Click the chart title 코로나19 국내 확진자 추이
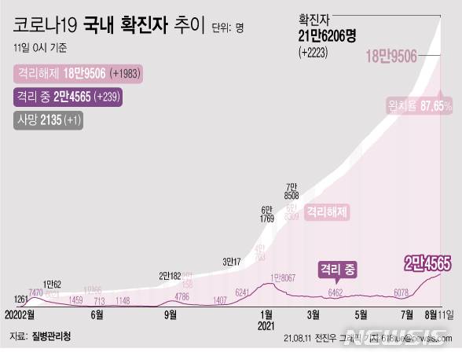[110, 28]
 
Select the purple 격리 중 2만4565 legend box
[70, 97]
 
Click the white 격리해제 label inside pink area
[326, 211]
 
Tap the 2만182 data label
[170, 275]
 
